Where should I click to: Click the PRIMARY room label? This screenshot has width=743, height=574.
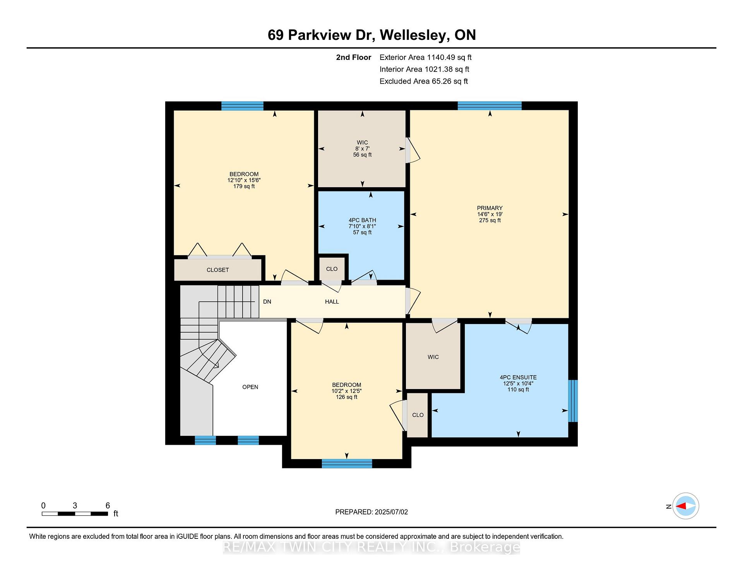[x=490, y=208]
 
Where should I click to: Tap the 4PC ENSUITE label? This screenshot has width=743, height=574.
[x=518, y=378]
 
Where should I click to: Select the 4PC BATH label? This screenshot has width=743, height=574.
[x=362, y=220]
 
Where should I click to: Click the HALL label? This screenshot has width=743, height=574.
[x=332, y=302]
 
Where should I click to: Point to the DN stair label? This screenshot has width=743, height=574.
[x=267, y=302]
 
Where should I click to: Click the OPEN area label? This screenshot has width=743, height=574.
[x=250, y=387]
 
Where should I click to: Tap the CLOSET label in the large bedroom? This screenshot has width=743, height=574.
[x=218, y=270]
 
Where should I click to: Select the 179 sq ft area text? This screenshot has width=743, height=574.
[x=244, y=186]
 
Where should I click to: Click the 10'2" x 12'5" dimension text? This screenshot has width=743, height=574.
[x=346, y=391]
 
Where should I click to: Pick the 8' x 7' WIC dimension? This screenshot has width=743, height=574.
[x=362, y=149]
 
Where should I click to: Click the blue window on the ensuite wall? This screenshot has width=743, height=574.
[x=573, y=401]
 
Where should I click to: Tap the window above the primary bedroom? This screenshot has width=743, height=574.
[x=490, y=106]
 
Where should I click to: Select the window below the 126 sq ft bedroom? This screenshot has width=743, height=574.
[x=347, y=463]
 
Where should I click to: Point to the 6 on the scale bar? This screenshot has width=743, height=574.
[x=108, y=506]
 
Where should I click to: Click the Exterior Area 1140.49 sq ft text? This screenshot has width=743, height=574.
[x=426, y=58]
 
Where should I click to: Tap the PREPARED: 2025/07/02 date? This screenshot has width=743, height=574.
[x=371, y=512]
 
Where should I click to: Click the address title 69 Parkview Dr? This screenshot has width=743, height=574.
[x=321, y=35]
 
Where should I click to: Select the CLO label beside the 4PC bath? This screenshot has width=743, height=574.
[x=332, y=269]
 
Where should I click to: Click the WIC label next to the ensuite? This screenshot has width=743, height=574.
[x=433, y=357]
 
